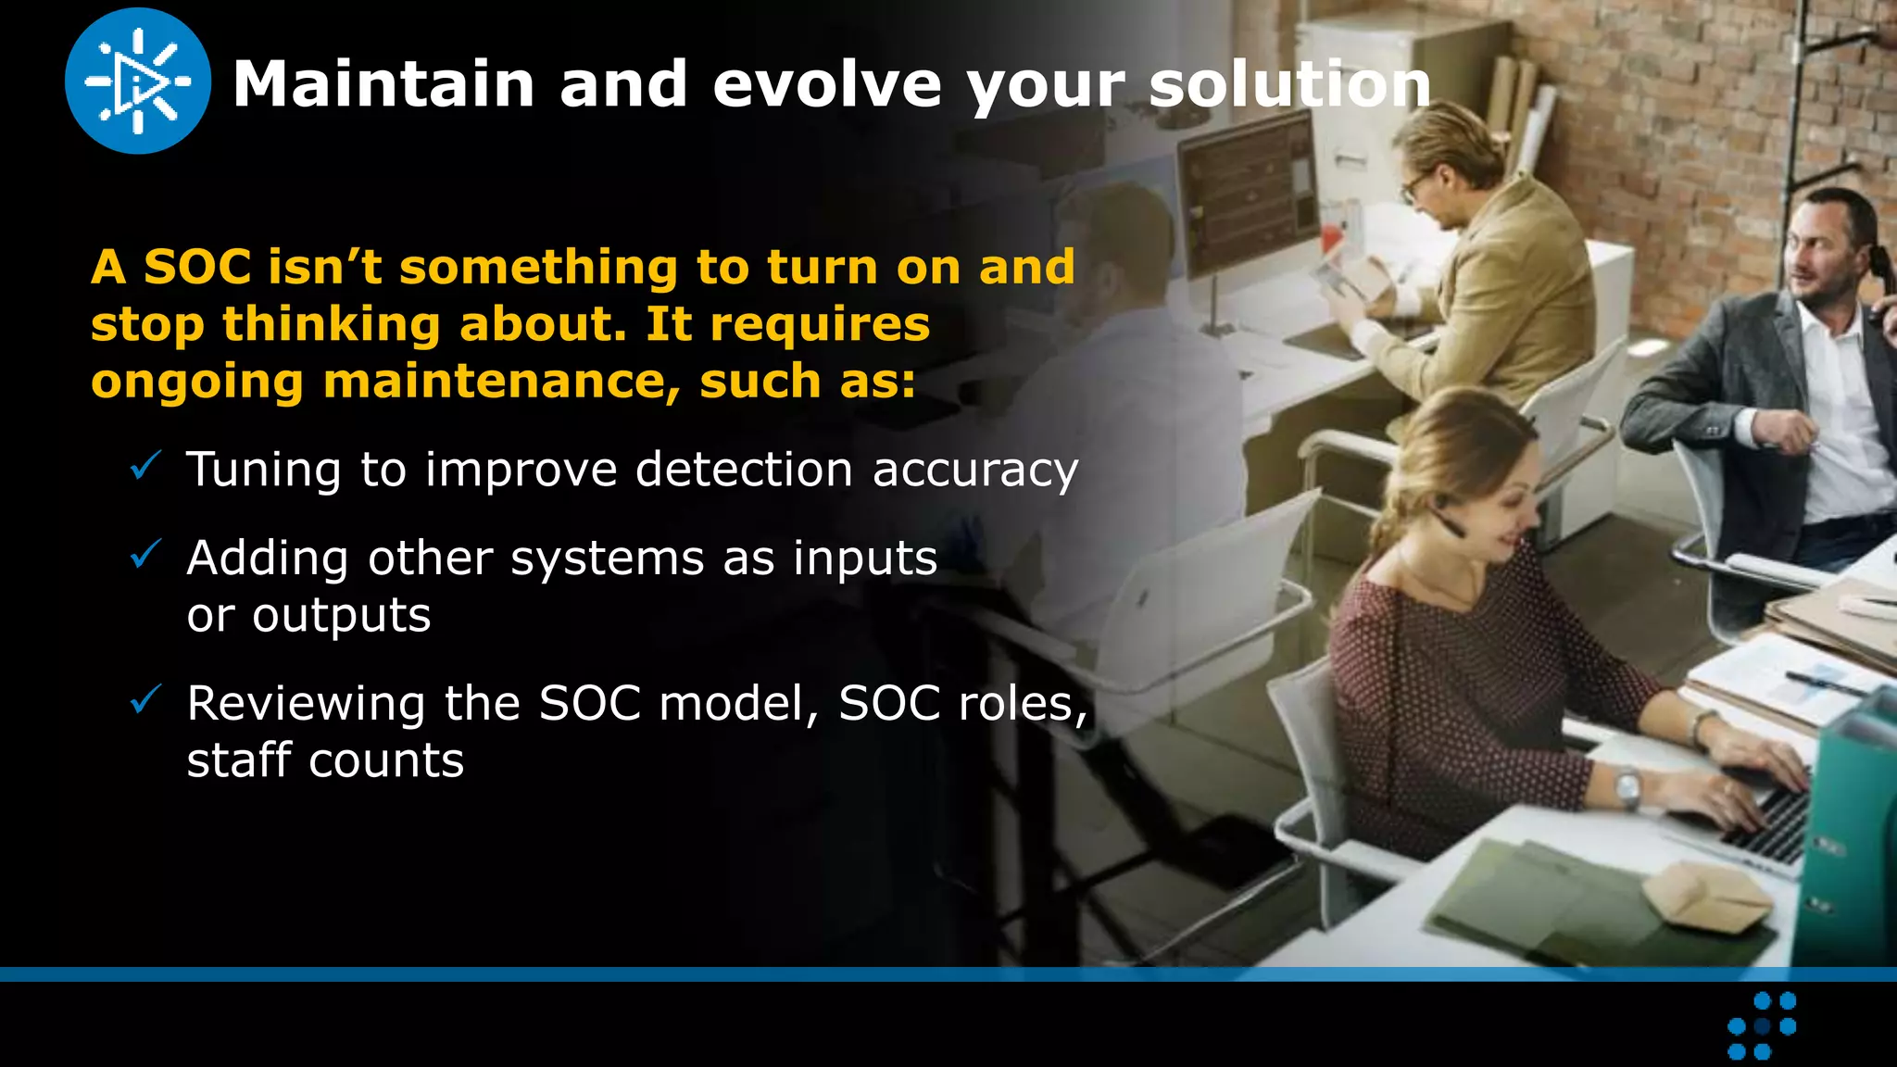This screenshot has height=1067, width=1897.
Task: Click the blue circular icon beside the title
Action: pyautogui.click(x=138, y=82)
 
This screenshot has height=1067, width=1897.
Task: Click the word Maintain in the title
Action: pyautogui.click(x=383, y=84)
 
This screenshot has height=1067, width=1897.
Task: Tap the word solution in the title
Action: pyautogui.click(x=1289, y=84)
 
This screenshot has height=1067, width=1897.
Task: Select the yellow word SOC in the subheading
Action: pyautogui.click(x=197, y=268)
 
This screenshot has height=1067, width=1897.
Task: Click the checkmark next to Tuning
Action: pyautogui.click(x=146, y=465)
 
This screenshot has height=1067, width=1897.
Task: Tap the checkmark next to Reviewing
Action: pyautogui.click(x=146, y=699)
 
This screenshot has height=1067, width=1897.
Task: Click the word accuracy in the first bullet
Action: pyautogui.click(x=975, y=471)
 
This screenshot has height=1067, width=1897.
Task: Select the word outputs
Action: pyautogui.click(x=341, y=616)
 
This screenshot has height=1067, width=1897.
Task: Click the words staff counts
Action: pyautogui.click(x=325, y=761)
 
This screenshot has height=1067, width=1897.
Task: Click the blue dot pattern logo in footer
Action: pyautogui.click(x=1762, y=1025)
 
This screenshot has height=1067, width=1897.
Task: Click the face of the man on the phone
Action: pyautogui.click(x=1815, y=256)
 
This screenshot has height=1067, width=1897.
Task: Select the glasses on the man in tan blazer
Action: pyautogui.click(x=1415, y=186)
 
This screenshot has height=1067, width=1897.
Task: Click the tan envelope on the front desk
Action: pyautogui.click(x=1702, y=895)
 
